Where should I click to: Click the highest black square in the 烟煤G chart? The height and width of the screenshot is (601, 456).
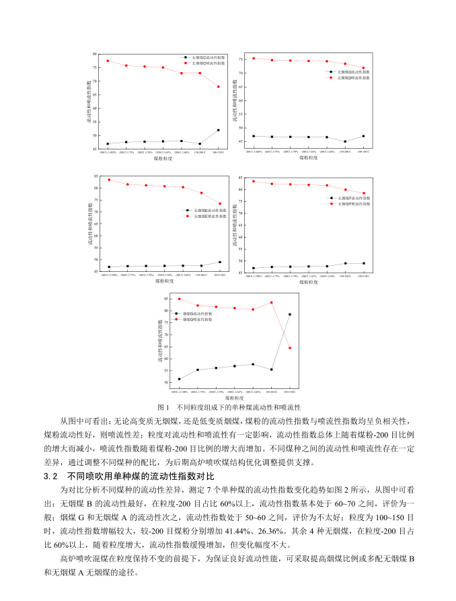pos(290,314)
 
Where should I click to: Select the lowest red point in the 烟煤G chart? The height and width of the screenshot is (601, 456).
pos(290,348)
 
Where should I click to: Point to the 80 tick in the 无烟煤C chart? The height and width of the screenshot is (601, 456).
pos(96,53)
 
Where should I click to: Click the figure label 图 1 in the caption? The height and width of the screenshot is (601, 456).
pos(163,408)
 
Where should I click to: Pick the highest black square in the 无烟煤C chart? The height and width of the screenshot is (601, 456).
pos(218,130)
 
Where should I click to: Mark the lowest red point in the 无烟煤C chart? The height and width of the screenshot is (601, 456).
pos(218,87)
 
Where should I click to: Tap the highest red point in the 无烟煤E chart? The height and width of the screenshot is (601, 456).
pos(109,180)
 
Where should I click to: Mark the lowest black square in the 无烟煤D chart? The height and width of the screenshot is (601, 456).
pos(345,141)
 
